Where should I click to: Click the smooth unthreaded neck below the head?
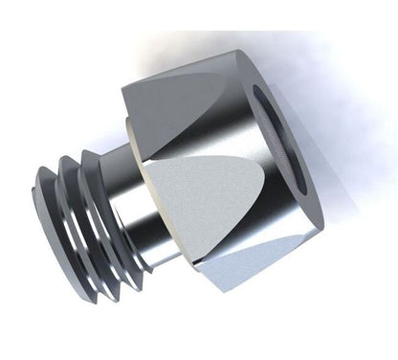(144, 206)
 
